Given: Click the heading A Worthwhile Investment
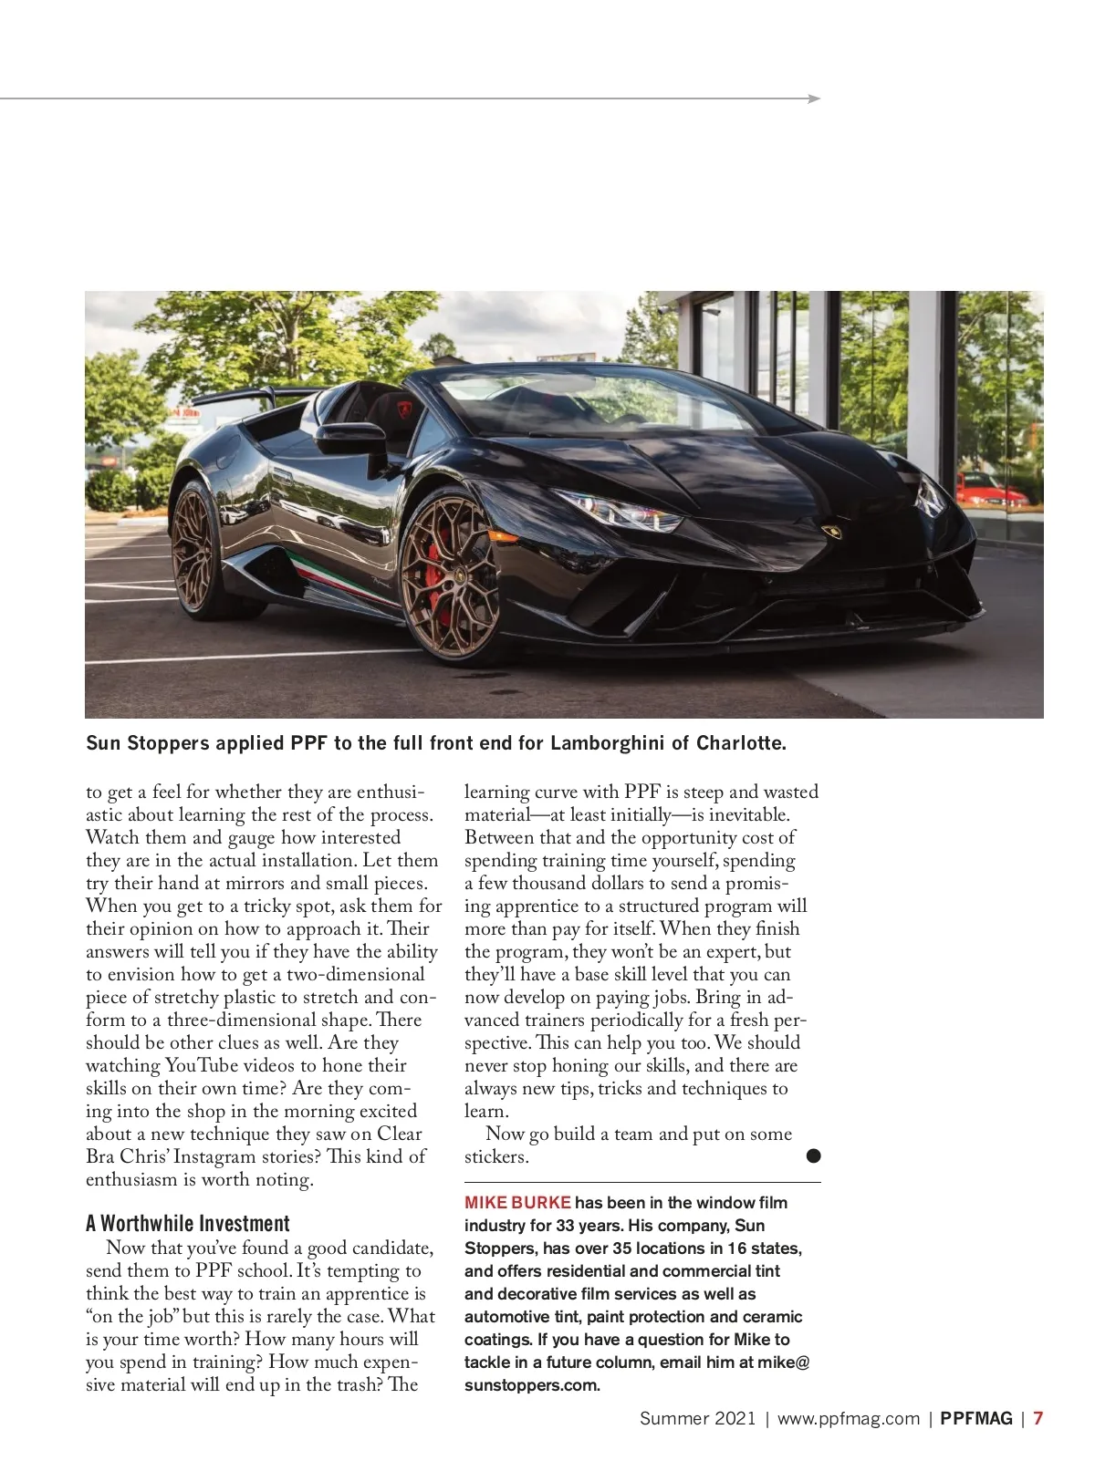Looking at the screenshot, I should (187, 1224).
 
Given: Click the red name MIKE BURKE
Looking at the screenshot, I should (517, 1203).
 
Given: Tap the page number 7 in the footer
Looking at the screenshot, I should (1038, 1418).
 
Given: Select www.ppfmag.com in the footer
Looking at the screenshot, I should (848, 1418).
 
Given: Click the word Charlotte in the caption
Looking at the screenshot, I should (740, 743).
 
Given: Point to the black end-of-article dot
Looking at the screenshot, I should (813, 1156).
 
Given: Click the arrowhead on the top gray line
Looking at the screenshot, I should (815, 98).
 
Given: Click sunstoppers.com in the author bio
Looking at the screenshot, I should (532, 1386).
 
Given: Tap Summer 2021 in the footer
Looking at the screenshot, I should (697, 1418).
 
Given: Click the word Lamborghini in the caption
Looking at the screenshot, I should (607, 743).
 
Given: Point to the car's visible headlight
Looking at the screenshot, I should (620, 511).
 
